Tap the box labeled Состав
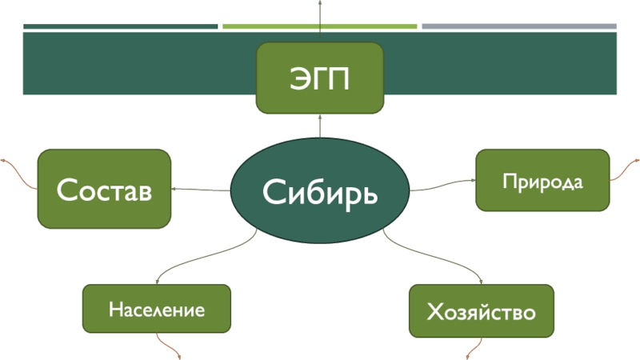(x=104, y=189)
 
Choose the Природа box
(x=543, y=179)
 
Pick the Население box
(x=157, y=308)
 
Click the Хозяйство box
(x=481, y=310)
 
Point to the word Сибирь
(x=320, y=192)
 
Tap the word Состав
(x=104, y=190)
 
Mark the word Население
(x=157, y=309)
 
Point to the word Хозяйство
(x=481, y=311)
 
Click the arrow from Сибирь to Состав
(x=200, y=190)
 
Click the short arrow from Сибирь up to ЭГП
(x=320, y=125)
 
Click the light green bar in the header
(x=320, y=26)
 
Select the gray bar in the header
(x=519, y=26)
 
